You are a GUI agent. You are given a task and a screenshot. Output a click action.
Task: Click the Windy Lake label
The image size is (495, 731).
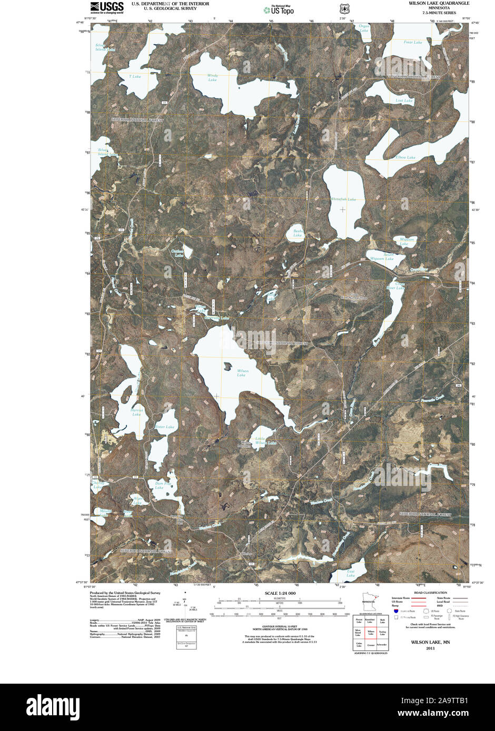click(x=212, y=77)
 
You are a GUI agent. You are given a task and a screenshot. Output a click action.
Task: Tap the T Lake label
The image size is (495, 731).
click(x=135, y=77)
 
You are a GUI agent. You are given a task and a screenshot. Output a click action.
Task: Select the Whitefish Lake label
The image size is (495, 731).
click(x=343, y=199)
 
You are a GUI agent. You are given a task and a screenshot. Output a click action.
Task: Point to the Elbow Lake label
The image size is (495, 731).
click(x=405, y=157)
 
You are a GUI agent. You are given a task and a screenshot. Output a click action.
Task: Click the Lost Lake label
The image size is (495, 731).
click(x=404, y=100)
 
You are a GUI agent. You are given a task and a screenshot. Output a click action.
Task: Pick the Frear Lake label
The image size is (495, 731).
click(x=413, y=42)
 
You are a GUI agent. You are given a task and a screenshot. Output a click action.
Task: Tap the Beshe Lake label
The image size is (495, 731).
click(x=298, y=233)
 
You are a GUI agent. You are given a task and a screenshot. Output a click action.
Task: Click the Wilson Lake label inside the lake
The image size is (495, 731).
click(x=242, y=373)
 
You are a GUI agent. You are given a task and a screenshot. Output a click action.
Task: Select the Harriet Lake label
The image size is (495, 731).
click(x=136, y=412)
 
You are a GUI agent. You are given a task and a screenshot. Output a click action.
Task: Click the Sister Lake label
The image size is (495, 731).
click(x=165, y=427)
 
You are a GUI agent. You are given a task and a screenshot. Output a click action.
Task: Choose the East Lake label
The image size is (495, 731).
click(x=351, y=573)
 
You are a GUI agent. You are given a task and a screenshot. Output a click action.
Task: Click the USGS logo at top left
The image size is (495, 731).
click(x=107, y=7)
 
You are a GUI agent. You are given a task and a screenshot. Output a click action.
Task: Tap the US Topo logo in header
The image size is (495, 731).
click(x=279, y=9)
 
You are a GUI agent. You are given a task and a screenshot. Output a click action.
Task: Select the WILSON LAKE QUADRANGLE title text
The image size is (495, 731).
click(x=439, y=3)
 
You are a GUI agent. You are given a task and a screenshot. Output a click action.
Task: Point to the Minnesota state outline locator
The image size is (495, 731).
click(x=367, y=603)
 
